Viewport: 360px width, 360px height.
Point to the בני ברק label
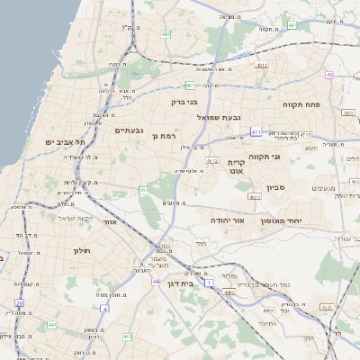[184, 103]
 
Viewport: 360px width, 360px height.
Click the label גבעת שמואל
[219, 116]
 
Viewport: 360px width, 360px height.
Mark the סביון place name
[275, 188]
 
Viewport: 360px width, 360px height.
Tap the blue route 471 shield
[256, 132]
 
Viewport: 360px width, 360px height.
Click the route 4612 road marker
[212, 161]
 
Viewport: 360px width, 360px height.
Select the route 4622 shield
[255, 195]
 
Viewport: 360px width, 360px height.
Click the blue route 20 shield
[19, 302]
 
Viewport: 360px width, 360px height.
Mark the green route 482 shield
[166, 34]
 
